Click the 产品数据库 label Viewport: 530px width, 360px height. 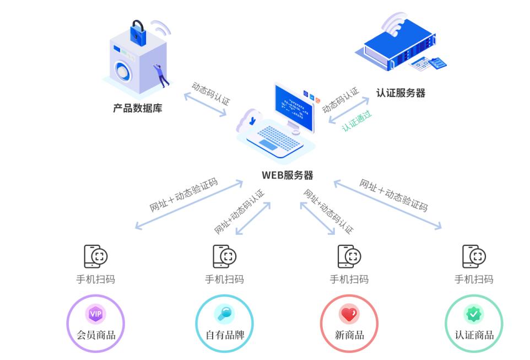(x=138, y=108)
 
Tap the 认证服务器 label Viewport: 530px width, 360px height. (x=401, y=93)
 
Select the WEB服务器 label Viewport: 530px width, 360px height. (x=287, y=175)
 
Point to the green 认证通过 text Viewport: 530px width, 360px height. (x=357, y=121)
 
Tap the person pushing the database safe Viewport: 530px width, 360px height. (x=160, y=75)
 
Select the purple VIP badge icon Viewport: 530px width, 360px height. (x=96, y=314)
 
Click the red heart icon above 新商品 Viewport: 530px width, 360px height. (x=349, y=314)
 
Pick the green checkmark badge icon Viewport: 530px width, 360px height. (x=474, y=314)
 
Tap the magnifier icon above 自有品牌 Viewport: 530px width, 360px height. (x=224, y=314)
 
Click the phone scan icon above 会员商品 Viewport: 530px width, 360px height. (x=95, y=256)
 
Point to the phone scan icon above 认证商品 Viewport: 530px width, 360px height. (x=474, y=256)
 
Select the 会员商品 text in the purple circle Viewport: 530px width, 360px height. (x=96, y=335)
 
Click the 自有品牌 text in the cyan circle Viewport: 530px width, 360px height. (x=224, y=335)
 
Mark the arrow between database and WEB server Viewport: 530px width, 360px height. (x=205, y=104)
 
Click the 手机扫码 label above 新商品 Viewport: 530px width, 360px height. (x=349, y=279)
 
